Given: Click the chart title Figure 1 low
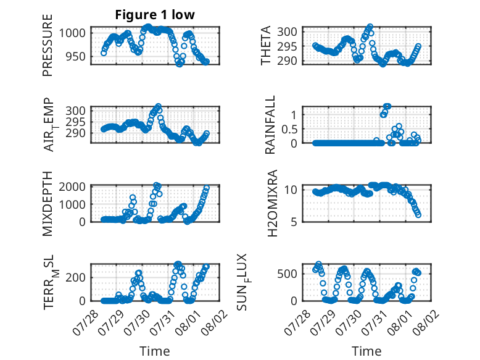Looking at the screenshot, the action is pos(155,15).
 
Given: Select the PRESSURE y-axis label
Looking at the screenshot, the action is pos(48,45).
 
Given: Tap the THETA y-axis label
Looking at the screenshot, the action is pos(266,45).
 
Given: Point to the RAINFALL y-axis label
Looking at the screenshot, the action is pos(270,125).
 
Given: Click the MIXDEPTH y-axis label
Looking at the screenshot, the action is pos(48,203).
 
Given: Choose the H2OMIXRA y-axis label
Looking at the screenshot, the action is pos(272,203).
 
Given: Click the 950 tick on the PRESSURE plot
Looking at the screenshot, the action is pos(76,57).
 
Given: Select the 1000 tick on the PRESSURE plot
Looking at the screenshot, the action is pos(72,33).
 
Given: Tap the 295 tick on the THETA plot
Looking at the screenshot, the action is pos(287,46).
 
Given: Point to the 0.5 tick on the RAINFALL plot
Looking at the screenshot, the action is pos(289,129).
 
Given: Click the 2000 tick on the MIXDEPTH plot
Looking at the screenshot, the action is pos(72,186).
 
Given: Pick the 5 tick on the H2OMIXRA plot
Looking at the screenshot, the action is pos(294,222).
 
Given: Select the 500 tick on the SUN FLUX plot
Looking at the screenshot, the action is pos(287,274).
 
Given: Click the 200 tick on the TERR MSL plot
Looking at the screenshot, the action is pos(76,278).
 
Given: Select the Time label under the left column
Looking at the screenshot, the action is pos(155,351).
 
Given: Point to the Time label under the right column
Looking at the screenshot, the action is pos(366,351).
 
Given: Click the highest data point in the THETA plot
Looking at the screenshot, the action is pos(370,27).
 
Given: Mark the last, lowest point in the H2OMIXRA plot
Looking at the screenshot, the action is pos(418,215).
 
